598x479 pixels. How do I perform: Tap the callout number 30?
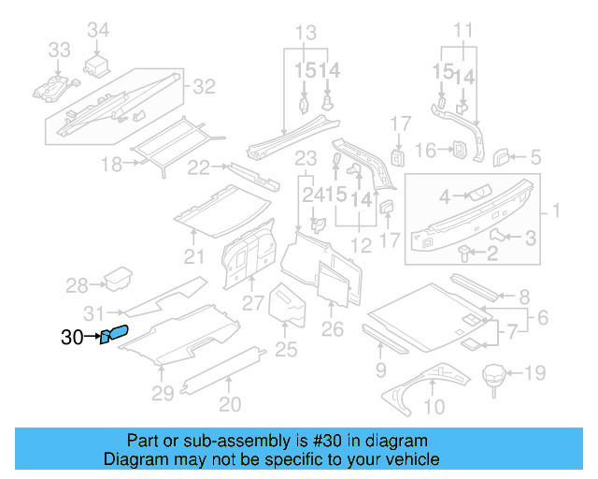(72, 338)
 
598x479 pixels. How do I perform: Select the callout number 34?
(98, 31)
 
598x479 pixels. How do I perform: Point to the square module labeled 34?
(98, 65)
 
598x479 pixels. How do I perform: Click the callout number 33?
(59, 50)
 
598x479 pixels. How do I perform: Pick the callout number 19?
(534, 375)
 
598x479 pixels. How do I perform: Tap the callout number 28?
(77, 285)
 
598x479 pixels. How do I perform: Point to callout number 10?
(434, 407)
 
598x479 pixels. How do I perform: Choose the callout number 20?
(229, 404)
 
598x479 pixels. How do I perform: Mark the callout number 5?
(536, 157)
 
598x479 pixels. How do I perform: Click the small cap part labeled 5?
(502, 154)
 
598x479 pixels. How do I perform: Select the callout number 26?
(333, 328)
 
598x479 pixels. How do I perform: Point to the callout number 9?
(380, 370)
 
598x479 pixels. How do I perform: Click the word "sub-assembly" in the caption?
(225, 441)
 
